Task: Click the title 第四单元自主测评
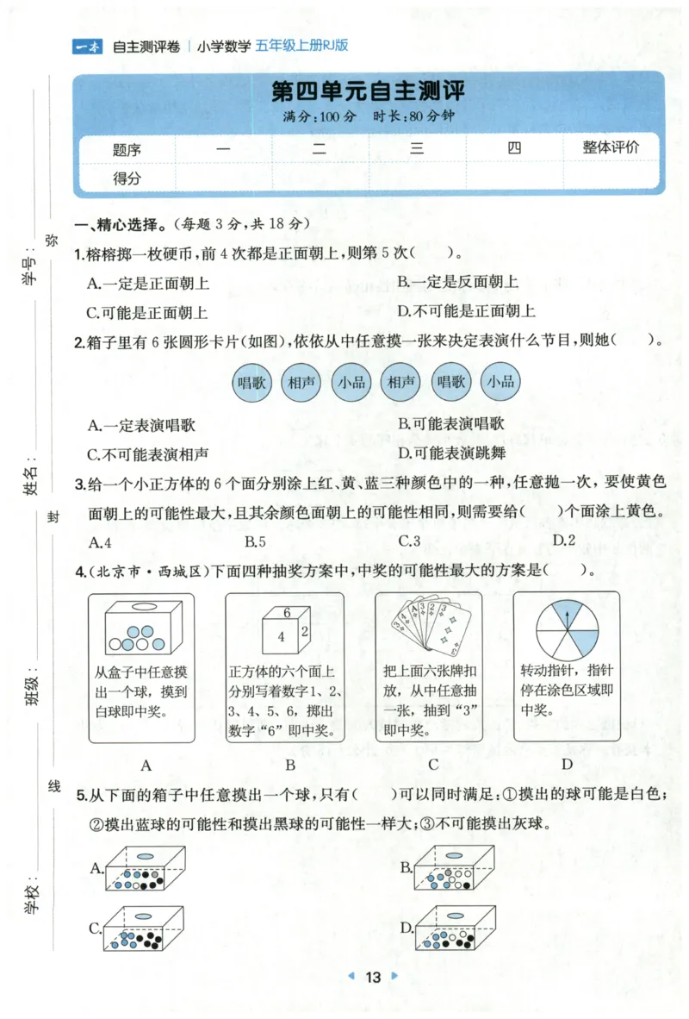pyautogui.click(x=369, y=92)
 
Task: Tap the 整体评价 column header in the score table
pyautogui.click(x=611, y=147)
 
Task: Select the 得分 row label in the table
pyautogui.click(x=127, y=178)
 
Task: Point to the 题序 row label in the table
pyautogui.click(x=127, y=149)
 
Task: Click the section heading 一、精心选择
pyautogui.click(x=121, y=224)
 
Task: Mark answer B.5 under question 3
pyautogui.click(x=255, y=541)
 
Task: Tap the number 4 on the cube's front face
pyautogui.click(x=280, y=638)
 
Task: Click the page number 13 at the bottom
pyautogui.click(x=372, y=977)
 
